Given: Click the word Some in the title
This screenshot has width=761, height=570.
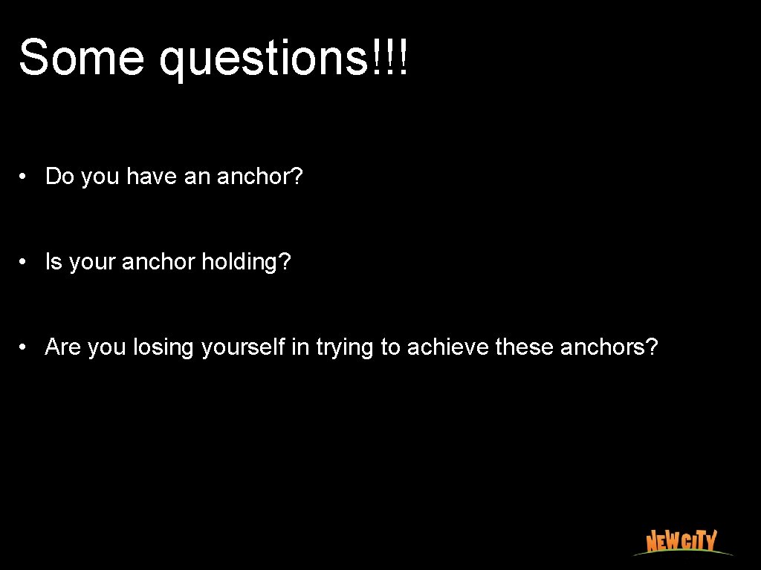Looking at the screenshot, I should (x=81, y=57).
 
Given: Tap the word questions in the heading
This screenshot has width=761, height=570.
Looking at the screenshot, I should (x=264, y=59).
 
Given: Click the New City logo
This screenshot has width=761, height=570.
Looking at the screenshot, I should (x=681, y=541).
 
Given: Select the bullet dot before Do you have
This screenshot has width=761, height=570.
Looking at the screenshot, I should (x=25, y=177).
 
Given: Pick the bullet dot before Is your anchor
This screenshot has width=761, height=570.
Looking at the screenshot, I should (x=25, y=262).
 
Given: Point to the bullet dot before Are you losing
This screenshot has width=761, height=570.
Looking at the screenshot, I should (x=25, y=347).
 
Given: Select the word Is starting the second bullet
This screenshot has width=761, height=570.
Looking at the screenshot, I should (x=54, y=262).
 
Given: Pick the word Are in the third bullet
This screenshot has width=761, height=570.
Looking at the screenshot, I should (x=62, y=347).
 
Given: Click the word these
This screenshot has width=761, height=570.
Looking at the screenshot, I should (x=524, y=347).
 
